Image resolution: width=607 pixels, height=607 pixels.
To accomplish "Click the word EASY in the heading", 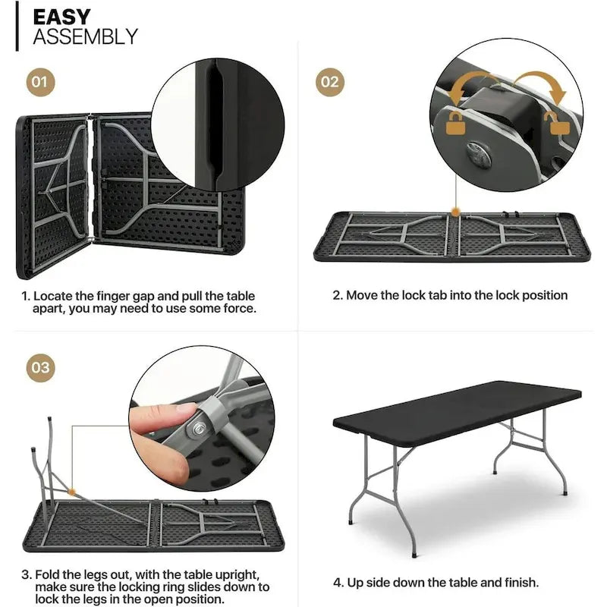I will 62,17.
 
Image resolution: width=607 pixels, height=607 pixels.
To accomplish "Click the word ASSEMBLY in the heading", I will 85,36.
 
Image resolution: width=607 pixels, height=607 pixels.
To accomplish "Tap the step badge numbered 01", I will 41,81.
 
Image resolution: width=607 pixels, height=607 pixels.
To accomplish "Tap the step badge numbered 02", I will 329,81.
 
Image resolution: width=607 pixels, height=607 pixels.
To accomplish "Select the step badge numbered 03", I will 41,369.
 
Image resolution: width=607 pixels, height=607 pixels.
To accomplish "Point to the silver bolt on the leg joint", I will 200,429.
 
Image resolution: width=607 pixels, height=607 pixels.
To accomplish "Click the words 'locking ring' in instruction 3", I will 187,587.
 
